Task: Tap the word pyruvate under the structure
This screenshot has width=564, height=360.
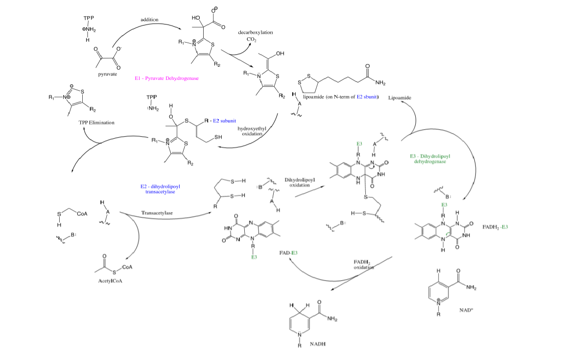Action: (x=107, y=74)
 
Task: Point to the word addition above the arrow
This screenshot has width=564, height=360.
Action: (x=149, y=19)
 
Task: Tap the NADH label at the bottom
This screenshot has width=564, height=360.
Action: (x=317, y=344)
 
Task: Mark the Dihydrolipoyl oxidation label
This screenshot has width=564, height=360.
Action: (x=300, y=183)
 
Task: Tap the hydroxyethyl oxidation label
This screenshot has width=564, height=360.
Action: (x=251, y=131)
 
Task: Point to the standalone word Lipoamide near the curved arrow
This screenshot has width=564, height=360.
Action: (x=399, y=98)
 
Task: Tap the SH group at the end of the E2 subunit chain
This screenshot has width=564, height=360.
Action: (x=217, y=138)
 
